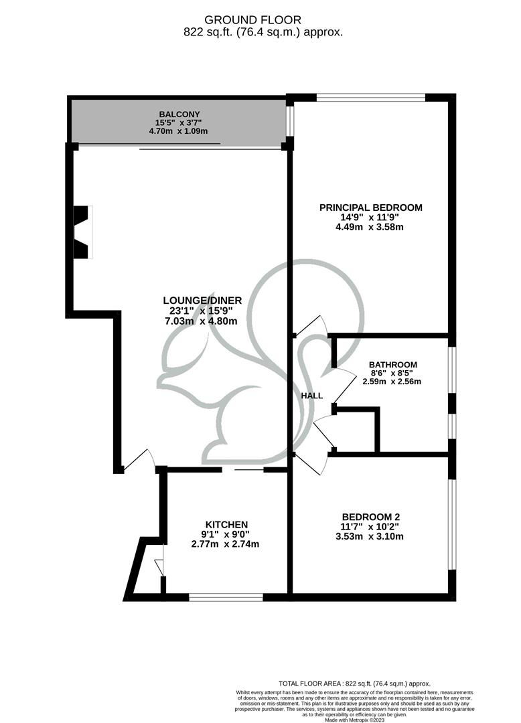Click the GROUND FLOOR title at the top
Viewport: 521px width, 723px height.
click(252, 20)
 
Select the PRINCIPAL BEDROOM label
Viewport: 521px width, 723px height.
click(370, 208)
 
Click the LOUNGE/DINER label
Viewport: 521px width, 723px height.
click(202, 301)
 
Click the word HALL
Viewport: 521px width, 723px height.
click(312, 396)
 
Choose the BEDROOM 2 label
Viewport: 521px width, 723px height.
click(370, 517)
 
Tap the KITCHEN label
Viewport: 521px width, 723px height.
click(226, 524)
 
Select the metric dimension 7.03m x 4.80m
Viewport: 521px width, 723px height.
click(202, 321)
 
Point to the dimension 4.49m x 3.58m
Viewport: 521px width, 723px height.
click(370, 227)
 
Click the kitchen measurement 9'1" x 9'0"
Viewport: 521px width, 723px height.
click(226, 534)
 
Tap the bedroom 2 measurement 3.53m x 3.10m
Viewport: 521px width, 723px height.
click(370, 536)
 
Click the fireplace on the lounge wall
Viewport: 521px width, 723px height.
click(82, 232)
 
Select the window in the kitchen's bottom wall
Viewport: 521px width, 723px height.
click(226, 596)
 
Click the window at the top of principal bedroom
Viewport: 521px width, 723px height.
click(371, 98)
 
